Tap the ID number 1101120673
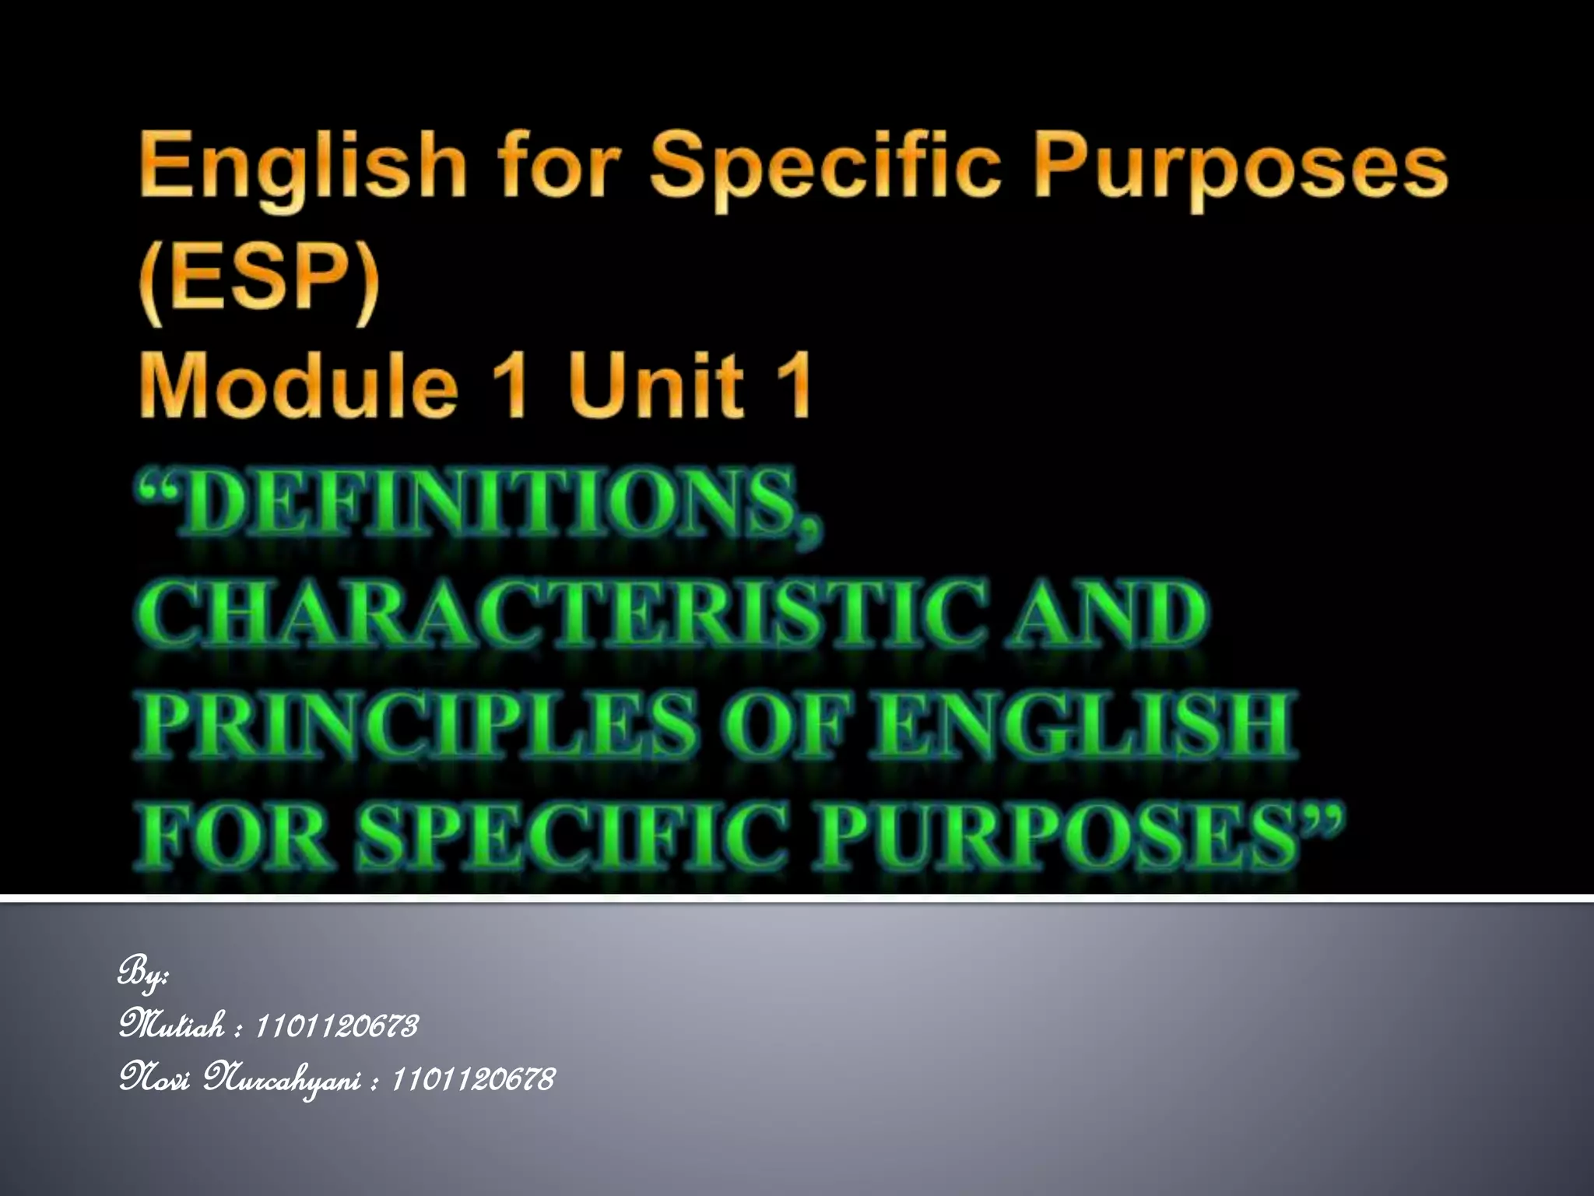(336, 1026)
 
